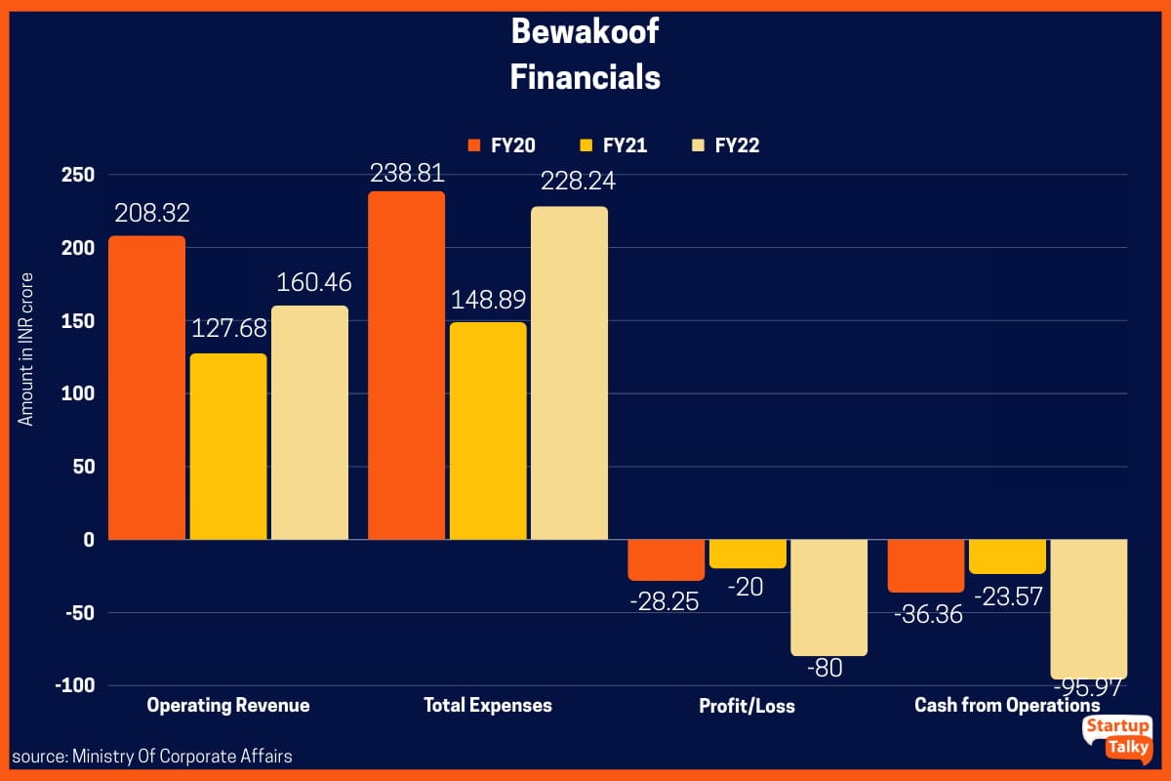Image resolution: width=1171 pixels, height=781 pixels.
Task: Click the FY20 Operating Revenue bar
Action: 146,388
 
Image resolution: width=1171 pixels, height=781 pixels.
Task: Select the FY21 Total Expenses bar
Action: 488,431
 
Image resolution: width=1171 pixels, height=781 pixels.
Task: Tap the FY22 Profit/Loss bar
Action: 828,597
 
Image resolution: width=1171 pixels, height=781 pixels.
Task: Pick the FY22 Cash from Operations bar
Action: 1088,609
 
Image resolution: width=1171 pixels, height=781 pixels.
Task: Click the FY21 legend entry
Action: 614,145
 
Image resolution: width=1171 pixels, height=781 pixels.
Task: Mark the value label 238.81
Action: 407,173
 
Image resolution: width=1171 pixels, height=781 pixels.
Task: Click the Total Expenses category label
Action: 488,705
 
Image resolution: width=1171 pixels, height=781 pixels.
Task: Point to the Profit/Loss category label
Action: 747,705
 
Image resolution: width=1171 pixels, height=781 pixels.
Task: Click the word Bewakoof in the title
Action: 585,32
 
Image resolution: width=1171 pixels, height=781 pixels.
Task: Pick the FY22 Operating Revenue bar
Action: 310,423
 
